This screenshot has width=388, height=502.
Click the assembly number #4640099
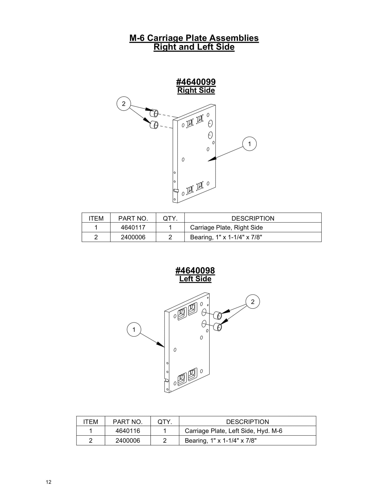point(196,82)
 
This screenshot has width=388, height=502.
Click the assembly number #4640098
point(195,270)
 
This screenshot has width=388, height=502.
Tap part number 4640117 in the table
point(133,227)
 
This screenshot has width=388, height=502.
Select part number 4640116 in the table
point(128,431)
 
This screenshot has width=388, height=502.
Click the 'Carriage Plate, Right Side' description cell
point(226,227)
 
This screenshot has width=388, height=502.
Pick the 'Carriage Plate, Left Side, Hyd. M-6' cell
point(233,431)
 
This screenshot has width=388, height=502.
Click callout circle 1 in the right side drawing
point(249,144)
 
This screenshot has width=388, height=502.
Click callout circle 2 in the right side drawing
point(124,104)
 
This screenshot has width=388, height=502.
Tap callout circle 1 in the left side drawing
point(134,329)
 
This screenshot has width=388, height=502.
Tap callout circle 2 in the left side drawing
point(252,302)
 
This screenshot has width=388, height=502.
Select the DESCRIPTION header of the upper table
point(253,218)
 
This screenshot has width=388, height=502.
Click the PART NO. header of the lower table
point(128,422)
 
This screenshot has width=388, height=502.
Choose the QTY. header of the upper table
point(170,218)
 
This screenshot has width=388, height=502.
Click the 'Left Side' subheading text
point(195,279)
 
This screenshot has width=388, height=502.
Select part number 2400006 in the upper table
point(133,237)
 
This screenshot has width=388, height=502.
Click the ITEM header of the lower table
point(90,422)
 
